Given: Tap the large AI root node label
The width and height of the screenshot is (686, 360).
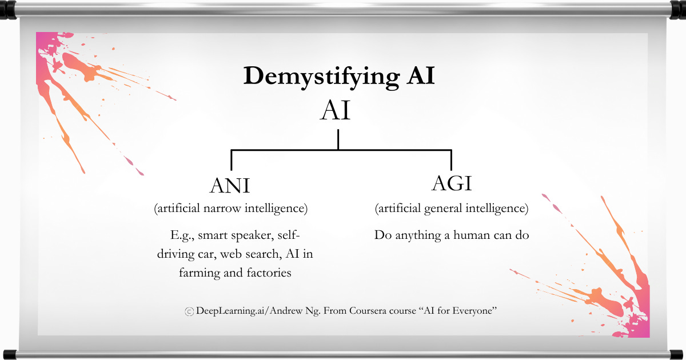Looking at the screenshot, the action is click(336, 111).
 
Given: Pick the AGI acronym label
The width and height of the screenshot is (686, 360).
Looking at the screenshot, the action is click(452, 184).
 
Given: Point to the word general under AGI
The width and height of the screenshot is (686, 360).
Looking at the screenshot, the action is click(446, 209).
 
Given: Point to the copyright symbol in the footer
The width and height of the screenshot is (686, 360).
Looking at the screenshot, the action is click(189, 311).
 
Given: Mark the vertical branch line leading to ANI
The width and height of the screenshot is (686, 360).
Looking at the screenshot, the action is click(231, 160).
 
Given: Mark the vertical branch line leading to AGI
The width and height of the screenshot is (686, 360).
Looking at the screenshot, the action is click(451, 160).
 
